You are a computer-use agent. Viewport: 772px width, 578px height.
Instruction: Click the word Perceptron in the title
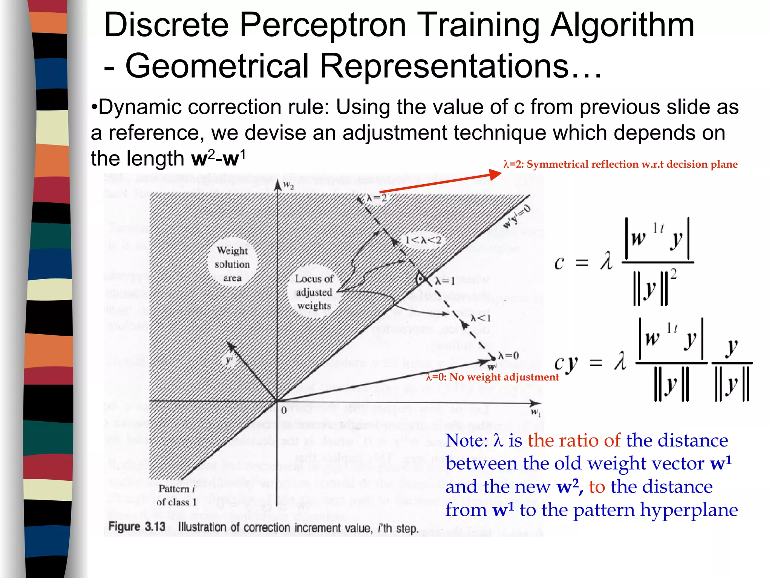point(322,25)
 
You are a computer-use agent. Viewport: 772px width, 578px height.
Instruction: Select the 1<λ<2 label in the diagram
point(423,240)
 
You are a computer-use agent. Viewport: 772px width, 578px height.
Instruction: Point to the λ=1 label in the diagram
point(445,281)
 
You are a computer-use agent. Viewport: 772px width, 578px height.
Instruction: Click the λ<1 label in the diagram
point(481,318)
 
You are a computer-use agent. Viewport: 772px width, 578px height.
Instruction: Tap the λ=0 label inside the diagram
point(509,356)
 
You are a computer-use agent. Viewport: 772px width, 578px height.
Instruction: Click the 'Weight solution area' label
point(232,264)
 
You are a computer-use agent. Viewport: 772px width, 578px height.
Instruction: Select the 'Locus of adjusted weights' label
point(314,292)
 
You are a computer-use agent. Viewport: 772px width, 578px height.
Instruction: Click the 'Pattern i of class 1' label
point(176,495)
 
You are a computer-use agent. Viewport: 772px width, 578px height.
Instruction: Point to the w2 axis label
point(288,185)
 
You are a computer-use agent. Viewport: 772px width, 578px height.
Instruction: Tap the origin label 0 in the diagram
point(284,410)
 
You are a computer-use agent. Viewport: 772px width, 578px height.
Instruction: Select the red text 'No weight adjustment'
point(504,377)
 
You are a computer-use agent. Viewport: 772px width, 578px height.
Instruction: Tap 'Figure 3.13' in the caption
point(137,527)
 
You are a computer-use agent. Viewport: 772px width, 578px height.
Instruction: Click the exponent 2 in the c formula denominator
point(673,274)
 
